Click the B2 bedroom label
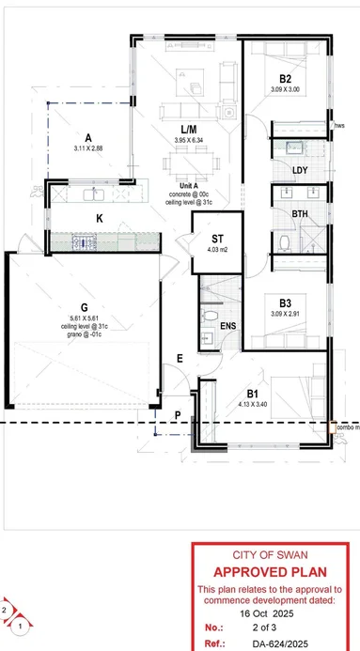[x=285, y=78]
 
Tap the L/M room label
[x=188, y=129]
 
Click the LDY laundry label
[x=300, y=170]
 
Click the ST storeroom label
[x=216, y=238]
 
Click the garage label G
[x=84, y=306]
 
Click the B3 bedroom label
[x=285, y=302]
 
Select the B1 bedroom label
[x=253, y=395]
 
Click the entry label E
[x=180, y=359]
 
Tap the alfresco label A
[x=87, y=136]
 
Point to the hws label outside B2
[x=339, y=124]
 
